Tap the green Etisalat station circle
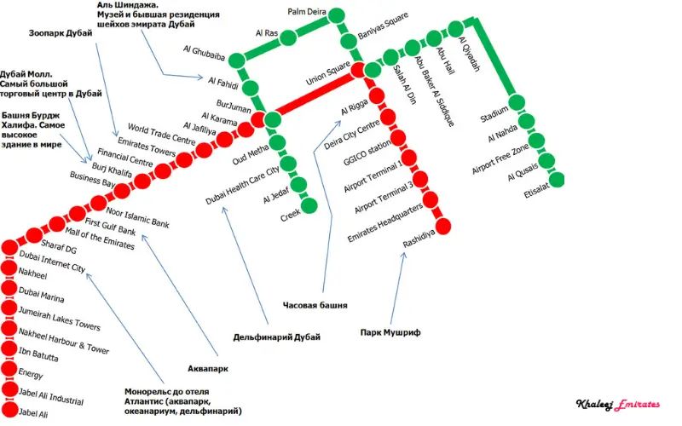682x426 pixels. [x=557, y=180]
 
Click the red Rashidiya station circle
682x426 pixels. [x=443, y=224]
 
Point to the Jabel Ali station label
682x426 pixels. [x=33, y=413]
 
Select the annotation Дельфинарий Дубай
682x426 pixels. [x=277, y=337]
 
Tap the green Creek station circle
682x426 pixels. [x=309, y=204]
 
